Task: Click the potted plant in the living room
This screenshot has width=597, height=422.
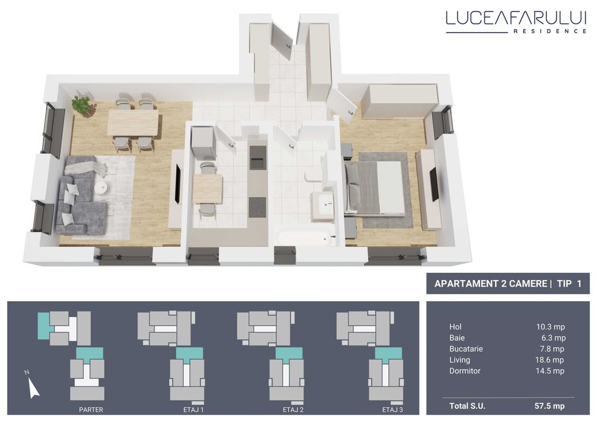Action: [x=81, y=106]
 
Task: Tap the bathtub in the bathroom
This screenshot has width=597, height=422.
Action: [x=304, y=235]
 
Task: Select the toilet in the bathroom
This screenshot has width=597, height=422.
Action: [x=313, y=175]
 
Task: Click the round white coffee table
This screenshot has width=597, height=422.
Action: [x=101, y=188]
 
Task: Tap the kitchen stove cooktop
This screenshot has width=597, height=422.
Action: [x=258, y=206]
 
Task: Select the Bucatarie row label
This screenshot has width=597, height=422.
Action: [x=466, y=349]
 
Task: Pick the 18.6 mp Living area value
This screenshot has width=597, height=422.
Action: [x=551, y=360]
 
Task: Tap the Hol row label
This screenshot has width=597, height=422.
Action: [x=455, y=327]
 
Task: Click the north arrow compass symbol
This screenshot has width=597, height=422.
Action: [x=33, y=386]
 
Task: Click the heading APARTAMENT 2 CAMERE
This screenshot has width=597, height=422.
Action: [x=490, y=284]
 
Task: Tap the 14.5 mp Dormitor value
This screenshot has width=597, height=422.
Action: [x=551, y=371]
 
